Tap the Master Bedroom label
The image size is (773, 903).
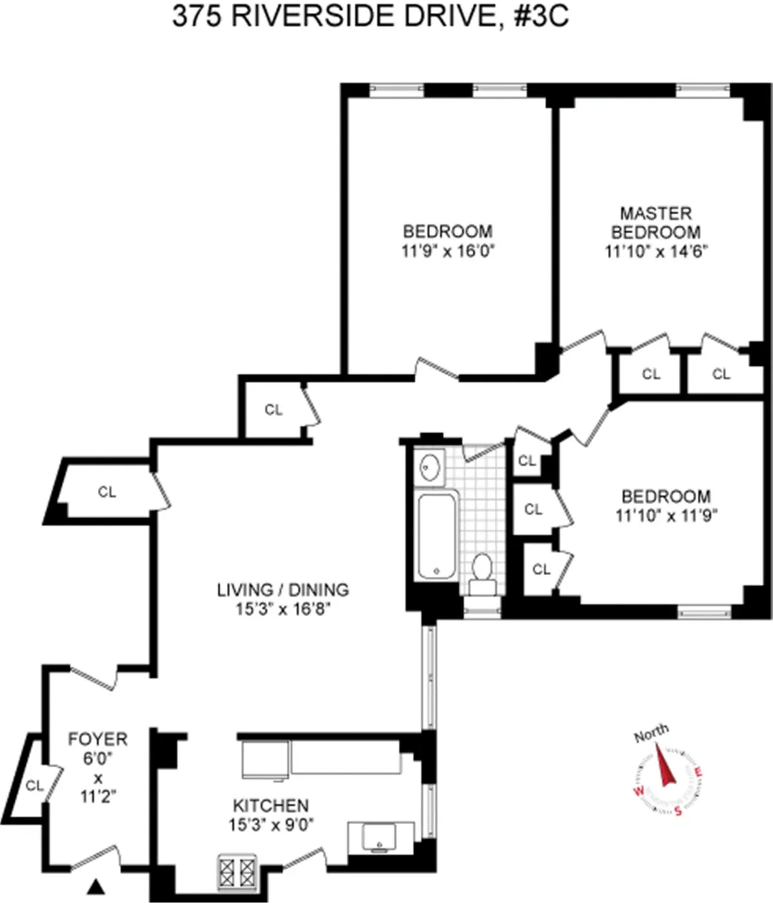[656, 222]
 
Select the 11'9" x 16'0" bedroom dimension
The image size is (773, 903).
[448, 251]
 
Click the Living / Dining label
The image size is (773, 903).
[283, 589]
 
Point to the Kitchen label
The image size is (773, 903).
[271, 805]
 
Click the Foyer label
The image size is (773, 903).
[98, 739]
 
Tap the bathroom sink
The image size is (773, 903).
[428, 467]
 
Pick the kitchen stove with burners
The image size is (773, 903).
[238, 871]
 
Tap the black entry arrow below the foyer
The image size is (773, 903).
[96, 888]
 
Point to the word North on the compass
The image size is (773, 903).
[651, 733]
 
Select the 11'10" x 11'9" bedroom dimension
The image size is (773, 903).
[665, 516]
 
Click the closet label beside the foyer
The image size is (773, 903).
[34, 785]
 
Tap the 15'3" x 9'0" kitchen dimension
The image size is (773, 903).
[271, 824]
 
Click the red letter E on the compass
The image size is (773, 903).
[700, 773]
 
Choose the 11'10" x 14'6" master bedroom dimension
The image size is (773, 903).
[656, 251]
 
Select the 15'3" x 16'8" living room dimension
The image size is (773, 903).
[283, 608]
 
